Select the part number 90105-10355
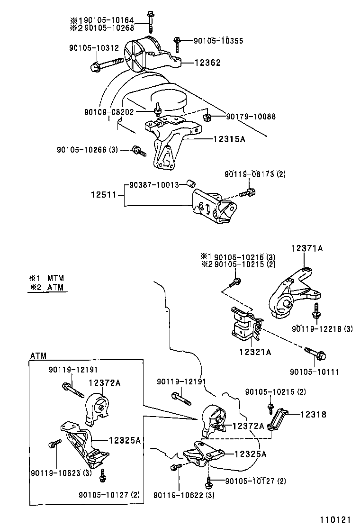point(218,41)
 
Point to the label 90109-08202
point(109,112)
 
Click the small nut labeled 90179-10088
point(207,116)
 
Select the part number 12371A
point(306,248)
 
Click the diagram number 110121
point(339,519)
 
